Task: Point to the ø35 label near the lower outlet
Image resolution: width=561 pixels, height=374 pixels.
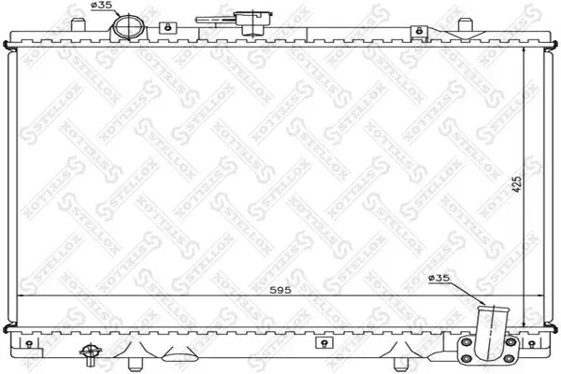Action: click(x=438, y=277)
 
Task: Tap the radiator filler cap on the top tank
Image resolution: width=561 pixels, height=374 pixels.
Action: click(x=248, y=21)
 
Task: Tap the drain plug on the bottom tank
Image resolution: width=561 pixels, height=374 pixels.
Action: click(x=91, y=353)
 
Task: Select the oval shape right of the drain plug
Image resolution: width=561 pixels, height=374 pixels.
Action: click(x=177, y=354)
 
